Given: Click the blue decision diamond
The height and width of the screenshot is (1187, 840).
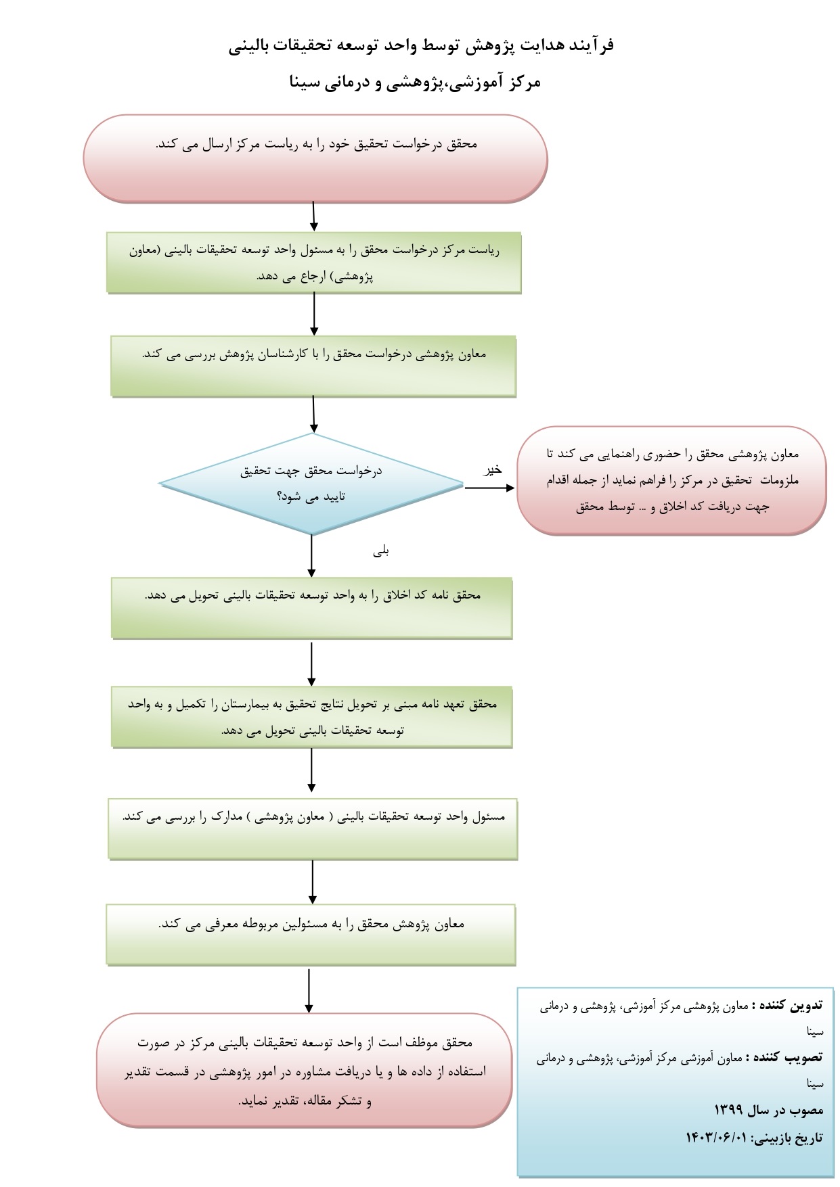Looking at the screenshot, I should pyautogui.click(x=311, y=484).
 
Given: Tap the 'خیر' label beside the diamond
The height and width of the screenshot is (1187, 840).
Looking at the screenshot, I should pyautogui.click(x=492, y=469).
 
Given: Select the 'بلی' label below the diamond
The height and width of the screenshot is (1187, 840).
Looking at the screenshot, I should pyautogui.click(x=381, y=551).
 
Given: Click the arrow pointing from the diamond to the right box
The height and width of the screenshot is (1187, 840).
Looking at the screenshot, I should pyautogui.click(x=489, y=488).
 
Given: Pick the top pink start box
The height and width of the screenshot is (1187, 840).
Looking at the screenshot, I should pyautogui.click(x=315, y=158).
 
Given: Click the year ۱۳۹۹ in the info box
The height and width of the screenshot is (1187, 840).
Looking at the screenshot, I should pyautogui.click(x=728, y=1110).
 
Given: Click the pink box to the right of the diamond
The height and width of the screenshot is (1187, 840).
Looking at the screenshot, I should pyautogui.click(x=671, y=481).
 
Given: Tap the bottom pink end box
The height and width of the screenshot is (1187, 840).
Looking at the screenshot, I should pyautogui.click(x=304, y=1071).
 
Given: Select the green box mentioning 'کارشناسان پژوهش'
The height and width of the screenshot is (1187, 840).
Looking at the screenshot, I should pyautogui.click(x=313, y=366).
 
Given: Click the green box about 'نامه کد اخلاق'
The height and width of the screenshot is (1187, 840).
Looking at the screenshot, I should pyautogui.click(x=311, y=607).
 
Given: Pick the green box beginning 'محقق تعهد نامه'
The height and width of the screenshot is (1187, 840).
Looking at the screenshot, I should pyautogui.click(x=311, y=717).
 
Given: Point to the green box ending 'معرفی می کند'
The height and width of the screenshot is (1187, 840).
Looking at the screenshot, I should pyautogui.click(x=311, y=934).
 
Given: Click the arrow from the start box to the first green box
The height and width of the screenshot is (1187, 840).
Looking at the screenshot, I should pyautogui.click(x=315, y=216).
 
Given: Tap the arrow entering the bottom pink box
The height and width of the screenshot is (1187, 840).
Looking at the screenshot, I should pyautogui.click(x=309, y=991).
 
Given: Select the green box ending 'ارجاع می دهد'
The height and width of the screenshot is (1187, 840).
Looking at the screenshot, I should pyautogui.click(x=313, y=262).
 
